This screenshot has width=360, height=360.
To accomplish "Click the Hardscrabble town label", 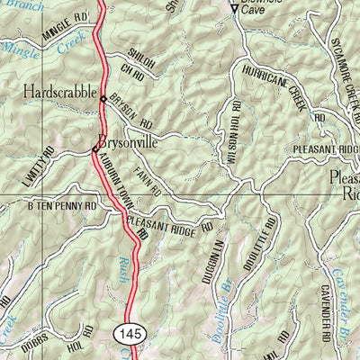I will (59, 91).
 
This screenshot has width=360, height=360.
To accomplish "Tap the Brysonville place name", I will (133, 140).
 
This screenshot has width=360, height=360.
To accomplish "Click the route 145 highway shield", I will (128, 335).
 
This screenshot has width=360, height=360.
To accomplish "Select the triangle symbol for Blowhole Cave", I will (235, 10).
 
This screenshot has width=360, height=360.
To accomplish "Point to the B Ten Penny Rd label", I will (61, 206).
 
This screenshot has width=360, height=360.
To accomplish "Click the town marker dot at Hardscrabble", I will (104, 99).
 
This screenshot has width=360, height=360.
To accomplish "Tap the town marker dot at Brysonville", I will (94, 148).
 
